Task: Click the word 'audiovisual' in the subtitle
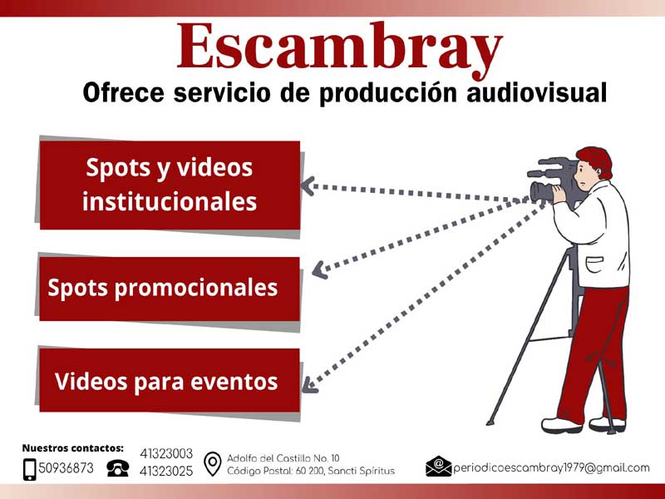click(x=536, y=92)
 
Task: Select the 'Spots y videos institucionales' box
click(x=170, y=185)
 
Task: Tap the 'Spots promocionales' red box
click(x=170, y=289)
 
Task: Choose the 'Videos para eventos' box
click(x=170, y=380)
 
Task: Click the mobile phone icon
click(x=30, y=469)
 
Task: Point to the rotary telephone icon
click(x=117, y=468)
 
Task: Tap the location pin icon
click(x=213, y=464)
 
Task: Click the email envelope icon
click(x=439, y=467)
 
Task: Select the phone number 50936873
click(x=66, y=468)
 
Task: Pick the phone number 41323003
click(x=166, y=453)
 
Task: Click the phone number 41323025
click(x=166, y=471)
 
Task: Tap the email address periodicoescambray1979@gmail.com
click(x=551, y=468)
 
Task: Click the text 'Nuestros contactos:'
click(x=73, y=448)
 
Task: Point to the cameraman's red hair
click(x=596, y=161)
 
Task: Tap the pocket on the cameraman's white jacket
click(x=594, y=264)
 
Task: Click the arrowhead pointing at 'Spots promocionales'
click(x=319, y=269)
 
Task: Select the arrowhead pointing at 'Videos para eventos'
click(x=308, y=385)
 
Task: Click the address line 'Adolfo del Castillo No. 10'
click(x=283, y=458)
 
